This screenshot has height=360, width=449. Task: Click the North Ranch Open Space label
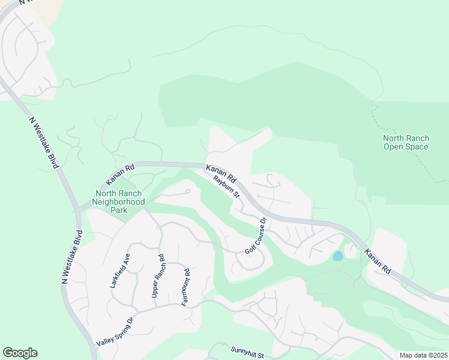(x=406, y=143)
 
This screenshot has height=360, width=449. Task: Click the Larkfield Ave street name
(x=120, y=271)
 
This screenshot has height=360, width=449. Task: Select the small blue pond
(x=338, y=256)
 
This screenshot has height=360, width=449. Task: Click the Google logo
(x=20, y=353)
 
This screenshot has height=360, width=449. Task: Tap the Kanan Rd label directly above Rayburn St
(x=221, y=174)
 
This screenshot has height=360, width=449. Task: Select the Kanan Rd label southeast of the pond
(x=378, y=262)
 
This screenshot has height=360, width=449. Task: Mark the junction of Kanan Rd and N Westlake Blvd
(x=78, y=209)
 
